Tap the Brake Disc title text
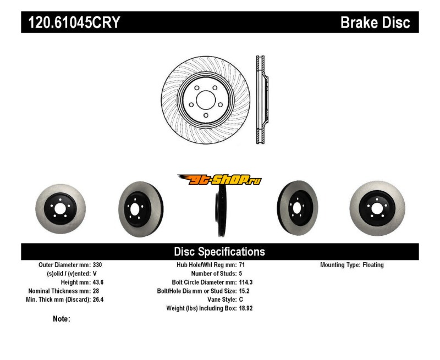coord(375,23)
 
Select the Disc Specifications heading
coord(219,252)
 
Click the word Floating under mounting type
coord(373,265)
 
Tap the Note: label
coord(61,319)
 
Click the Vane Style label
coord(218,300)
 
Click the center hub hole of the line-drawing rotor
coord(205,100)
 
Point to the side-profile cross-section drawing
coord(262,100)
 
